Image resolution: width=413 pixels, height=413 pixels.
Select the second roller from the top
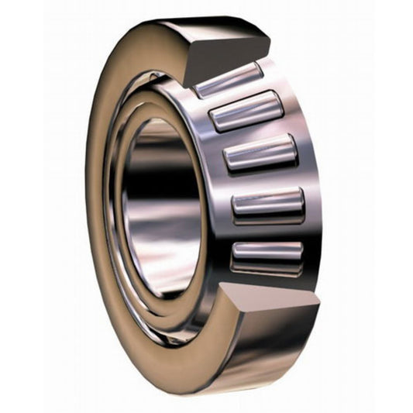[x=246, y=110]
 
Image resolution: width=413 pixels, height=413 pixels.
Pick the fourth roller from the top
[x=268, y=205]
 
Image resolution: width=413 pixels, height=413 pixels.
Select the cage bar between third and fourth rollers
[x=263, y=180]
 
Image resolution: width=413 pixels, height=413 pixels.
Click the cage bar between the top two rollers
[x=236, y=95]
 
